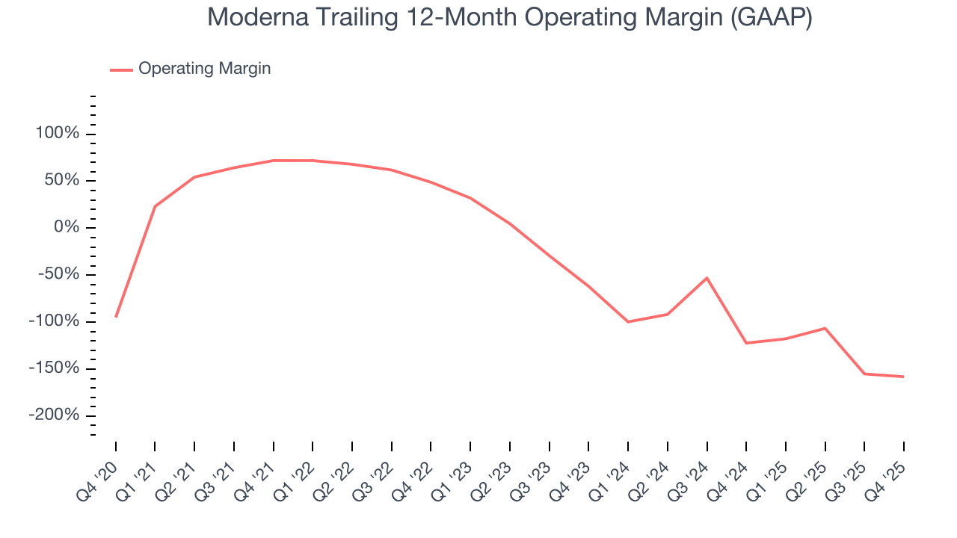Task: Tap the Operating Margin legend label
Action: (x=204, y=69)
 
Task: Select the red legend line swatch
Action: (x=121, y=69)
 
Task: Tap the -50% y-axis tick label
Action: (x=58, y=274)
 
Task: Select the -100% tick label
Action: (x=54, y=321)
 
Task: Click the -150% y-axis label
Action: (x=54, y=368)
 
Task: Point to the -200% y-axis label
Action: (x=54, y=415)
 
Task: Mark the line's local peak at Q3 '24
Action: (x=707, y=278)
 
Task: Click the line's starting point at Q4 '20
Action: (x=116, y=317)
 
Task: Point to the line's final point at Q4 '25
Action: (x=903, y=377)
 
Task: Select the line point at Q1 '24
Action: (x=628, y=322)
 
